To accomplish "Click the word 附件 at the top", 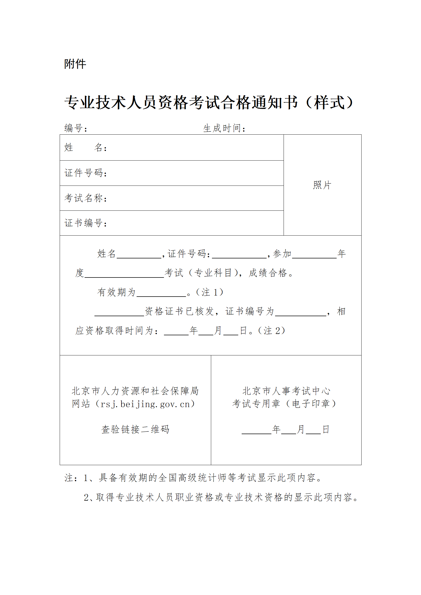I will pyautogui.click(x=75, y=64).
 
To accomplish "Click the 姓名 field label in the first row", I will pyautogui.click(x=85, y=148).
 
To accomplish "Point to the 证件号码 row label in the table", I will pyautogui.click(x=85, y=173).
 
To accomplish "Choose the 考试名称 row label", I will pyautogui.click(x=85, y=198).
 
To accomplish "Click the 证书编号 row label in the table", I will pyautogui.click(x=85, y=223).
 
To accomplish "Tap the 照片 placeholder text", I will pyautogui.click(x=322, y=185).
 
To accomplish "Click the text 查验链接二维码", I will pyautogui.click(x=135, y=429).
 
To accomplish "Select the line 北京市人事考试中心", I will pyautogui.click(x=286, y=391).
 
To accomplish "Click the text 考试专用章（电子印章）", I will pyautogui.click(x=284, y=404).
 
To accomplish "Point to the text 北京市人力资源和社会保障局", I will pyautogui.click(x=135, y=391).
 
